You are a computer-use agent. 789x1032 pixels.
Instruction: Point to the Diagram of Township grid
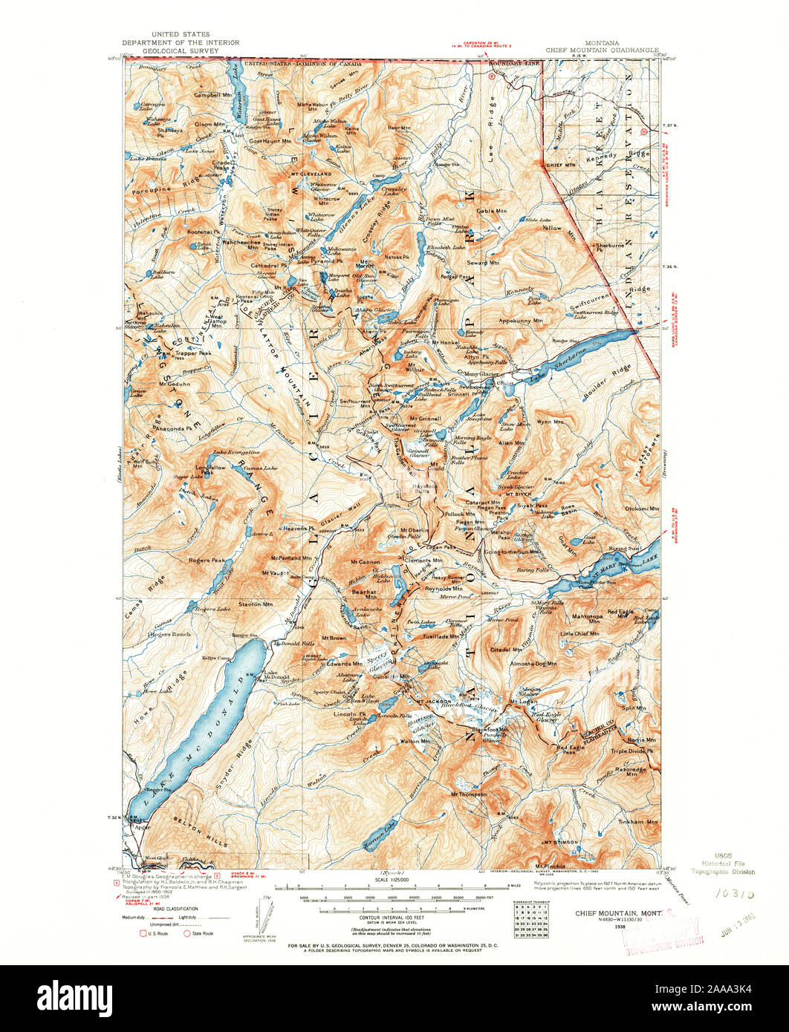pyautogui.click(x=528, y=917)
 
